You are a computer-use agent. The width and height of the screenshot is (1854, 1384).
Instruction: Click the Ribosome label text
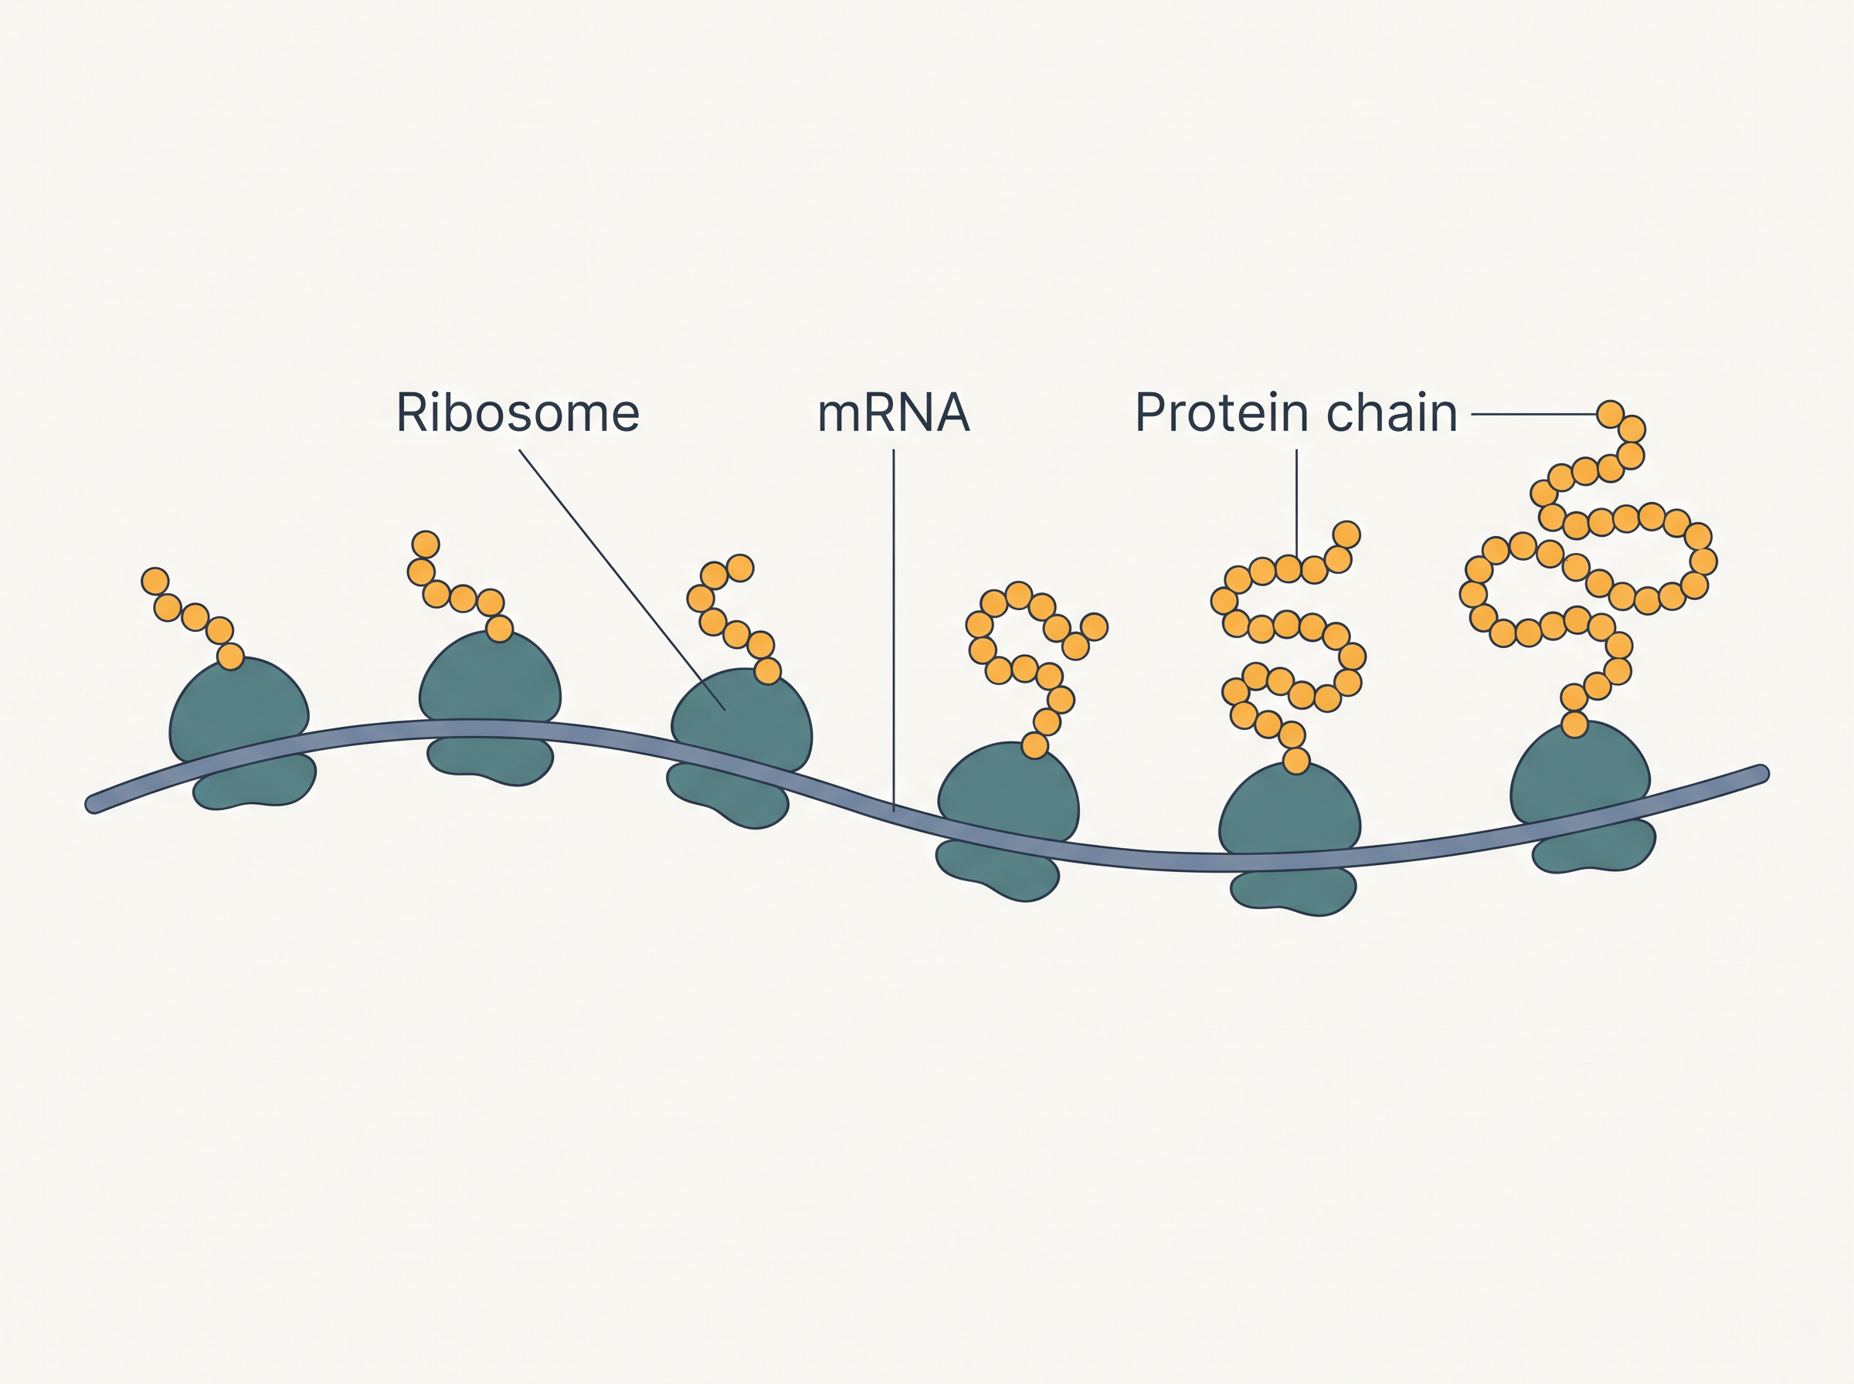coord(518,413)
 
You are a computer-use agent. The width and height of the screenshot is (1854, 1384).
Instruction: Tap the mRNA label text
coord(893,413)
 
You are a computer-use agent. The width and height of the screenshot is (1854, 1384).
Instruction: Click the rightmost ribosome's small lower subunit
coord(1594,846)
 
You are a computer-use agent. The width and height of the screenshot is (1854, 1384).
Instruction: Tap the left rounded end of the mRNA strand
coord(93,804)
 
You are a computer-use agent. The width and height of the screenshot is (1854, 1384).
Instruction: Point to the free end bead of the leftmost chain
coord(155,581)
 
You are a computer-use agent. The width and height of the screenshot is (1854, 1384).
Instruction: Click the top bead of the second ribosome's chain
coord(426,544)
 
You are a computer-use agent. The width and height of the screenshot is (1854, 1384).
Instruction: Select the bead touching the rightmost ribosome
coord(1575,724)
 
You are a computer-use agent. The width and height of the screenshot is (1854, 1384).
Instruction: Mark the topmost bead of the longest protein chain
coord(1610,414)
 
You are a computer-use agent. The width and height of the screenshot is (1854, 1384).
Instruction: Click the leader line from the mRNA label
coord(894,630)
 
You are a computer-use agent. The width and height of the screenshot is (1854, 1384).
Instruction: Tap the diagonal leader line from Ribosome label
coord(622,580)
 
